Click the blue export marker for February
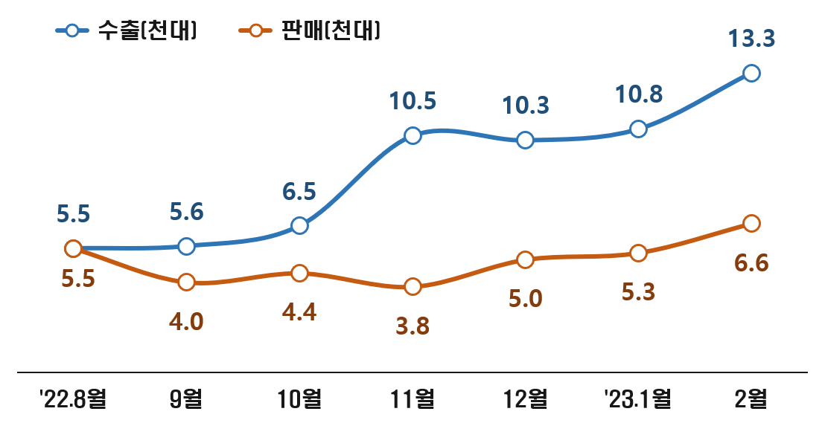(751, 73)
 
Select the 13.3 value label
(752, 38)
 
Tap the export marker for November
(412, 135)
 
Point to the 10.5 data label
(412, 101)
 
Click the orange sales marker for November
(412, 286)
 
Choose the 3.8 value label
(412, 326)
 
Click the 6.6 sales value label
(752, 263)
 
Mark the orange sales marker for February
(751, 223)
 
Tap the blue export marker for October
(299, 225)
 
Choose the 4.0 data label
(186, 322)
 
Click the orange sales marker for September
(186, 282)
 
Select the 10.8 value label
(639, 94)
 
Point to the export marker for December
(525, 140)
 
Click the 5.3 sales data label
(638, 293)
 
